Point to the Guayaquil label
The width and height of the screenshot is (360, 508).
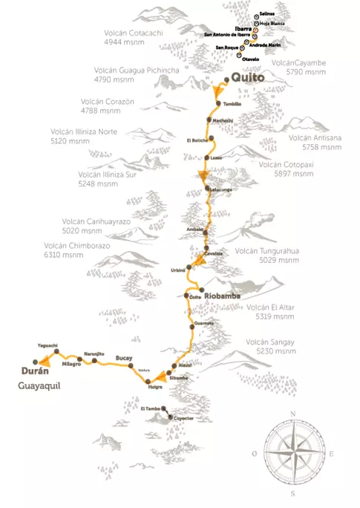(x=39, y=386)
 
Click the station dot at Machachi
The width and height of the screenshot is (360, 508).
(x=209, y=120)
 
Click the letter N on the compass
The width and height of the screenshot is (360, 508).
(x=294, y=413)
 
